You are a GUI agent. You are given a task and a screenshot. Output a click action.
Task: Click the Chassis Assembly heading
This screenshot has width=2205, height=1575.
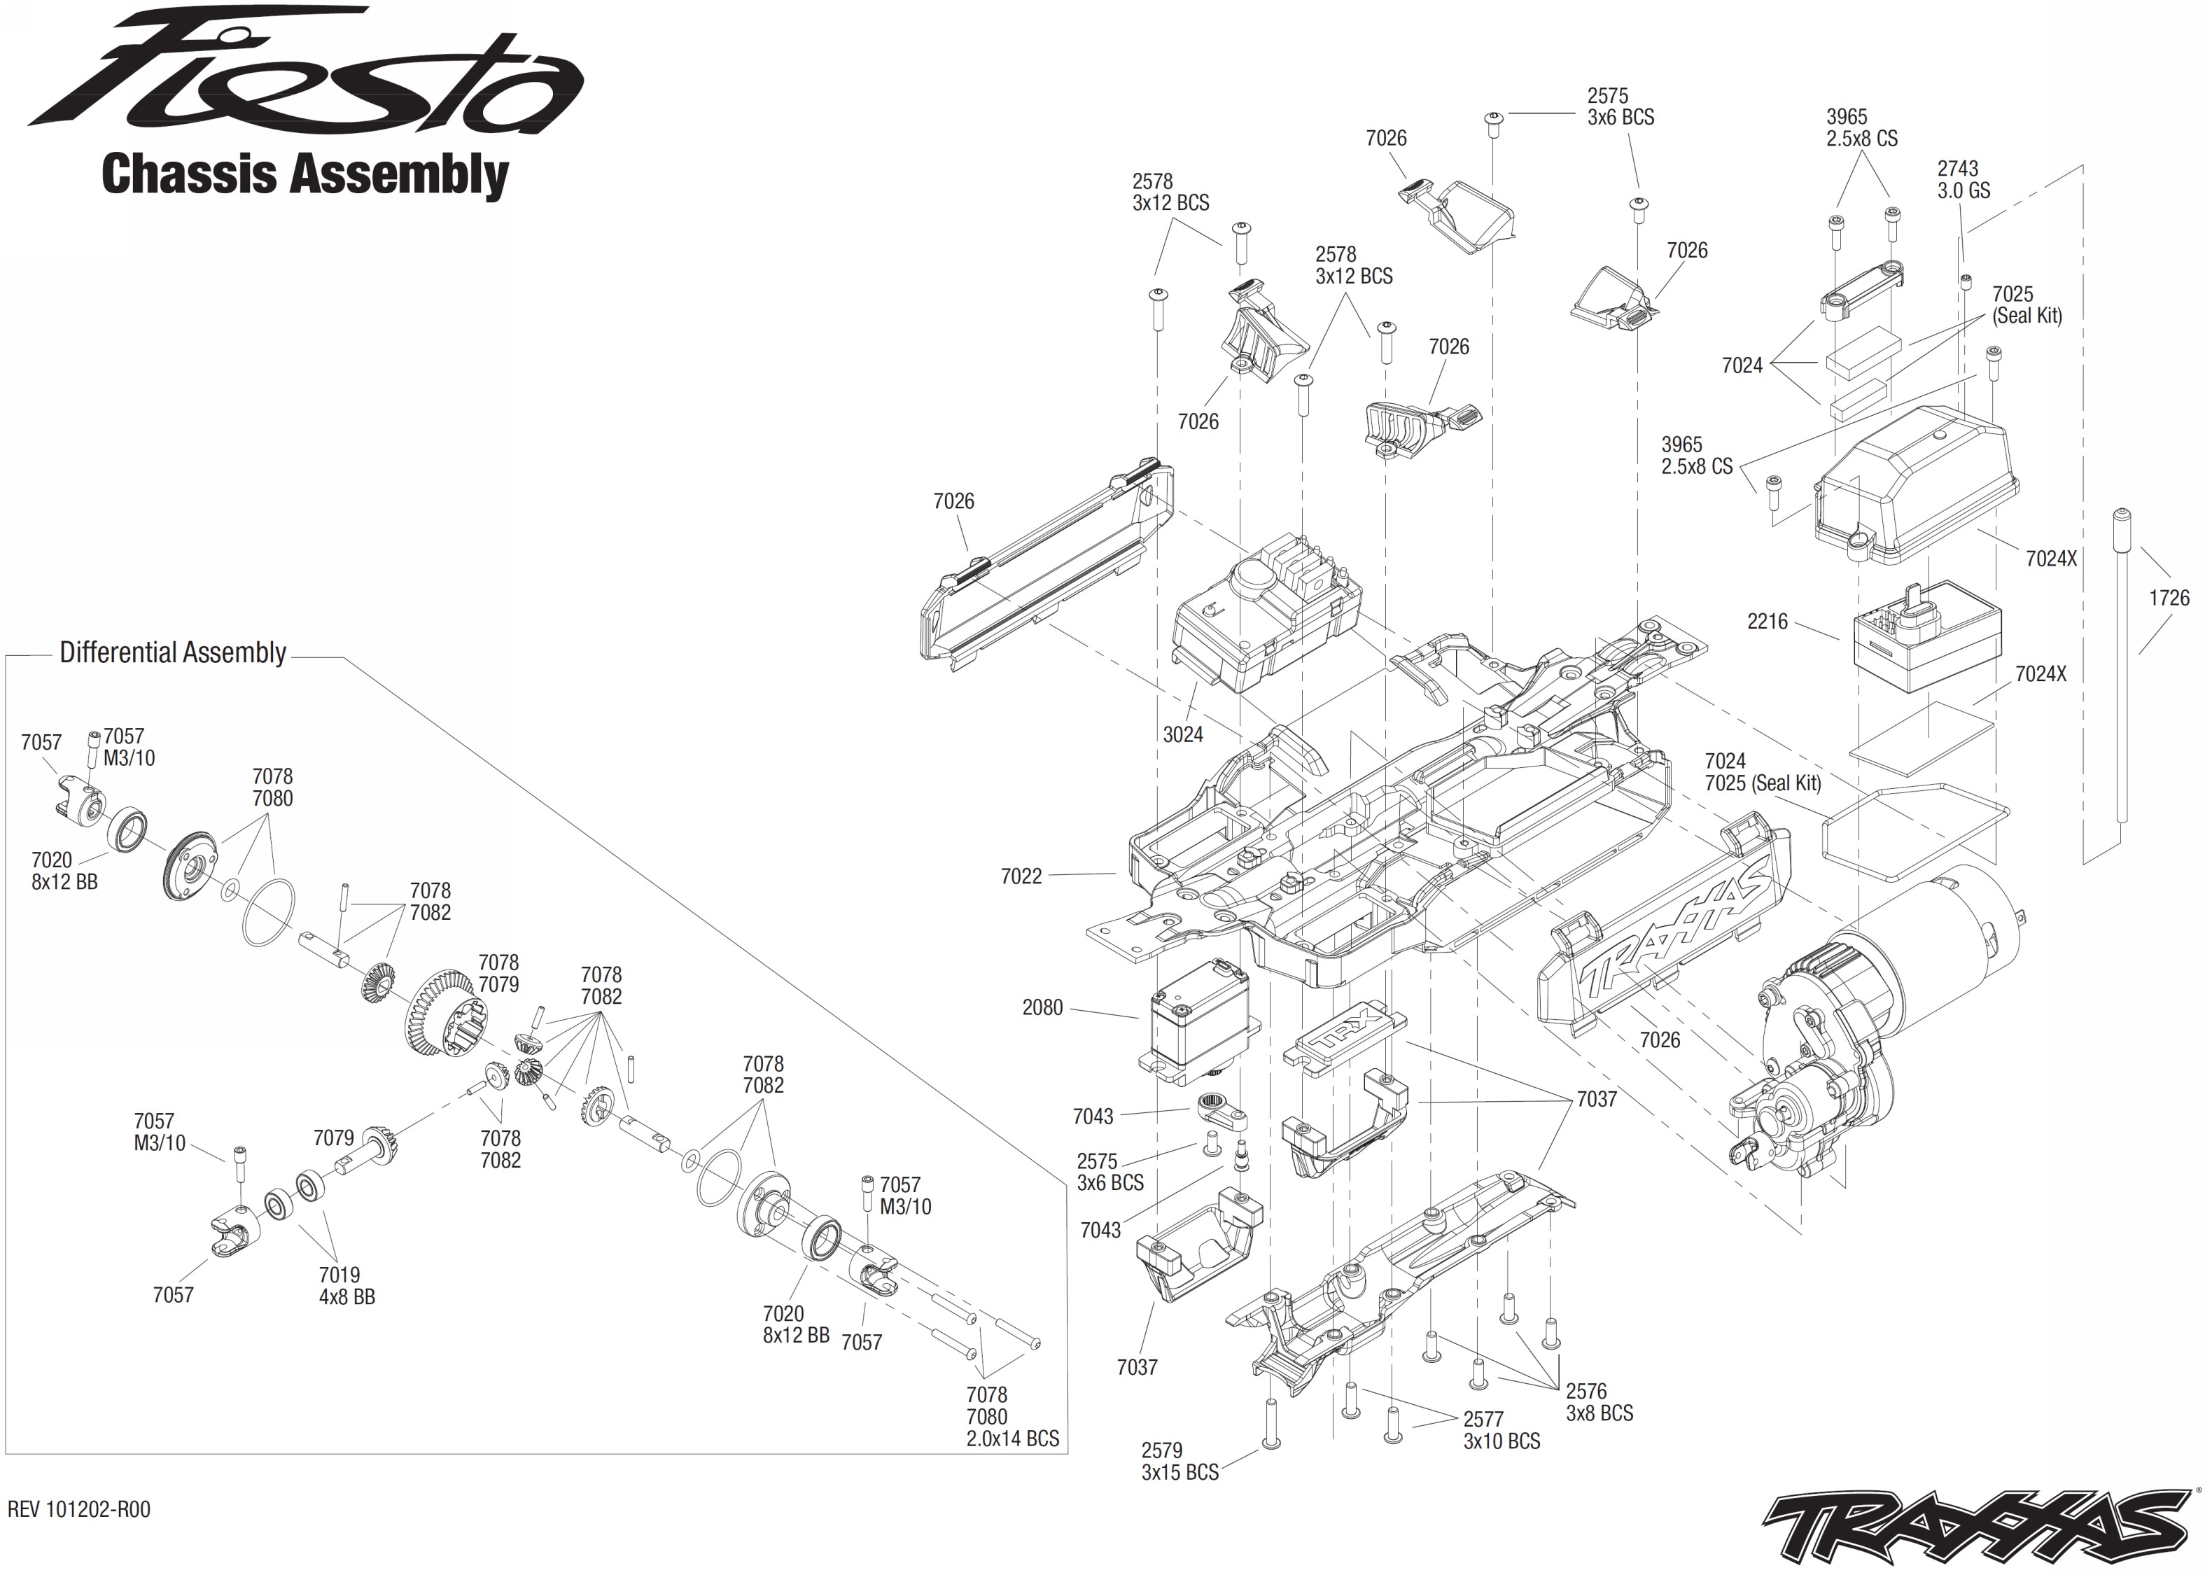[x=304, y=176]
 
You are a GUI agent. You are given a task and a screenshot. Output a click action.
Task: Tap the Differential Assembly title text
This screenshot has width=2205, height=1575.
[x=173, y=652]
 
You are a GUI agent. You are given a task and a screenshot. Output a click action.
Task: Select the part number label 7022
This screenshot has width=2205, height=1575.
[x=1021, y=876]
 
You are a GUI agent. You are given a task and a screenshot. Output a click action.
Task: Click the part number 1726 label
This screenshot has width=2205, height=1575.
[x=2168, y=598]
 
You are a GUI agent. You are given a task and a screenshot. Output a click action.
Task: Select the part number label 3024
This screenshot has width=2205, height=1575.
[x=1183, y=735]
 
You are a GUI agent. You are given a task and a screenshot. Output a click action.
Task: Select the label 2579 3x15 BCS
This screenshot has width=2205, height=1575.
[x=1179, y=1462]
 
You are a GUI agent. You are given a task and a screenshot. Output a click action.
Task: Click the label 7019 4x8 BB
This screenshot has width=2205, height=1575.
[x=346, y=1286]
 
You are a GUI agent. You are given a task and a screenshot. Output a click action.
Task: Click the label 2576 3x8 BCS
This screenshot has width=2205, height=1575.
[x=1598, y=1402]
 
